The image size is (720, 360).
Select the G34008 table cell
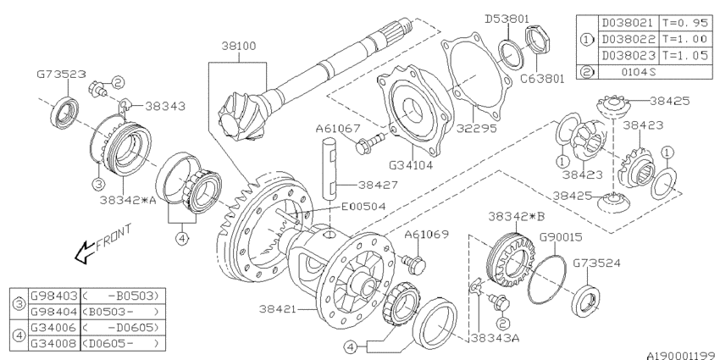point(53,345)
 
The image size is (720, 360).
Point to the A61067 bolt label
point(338,128)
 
